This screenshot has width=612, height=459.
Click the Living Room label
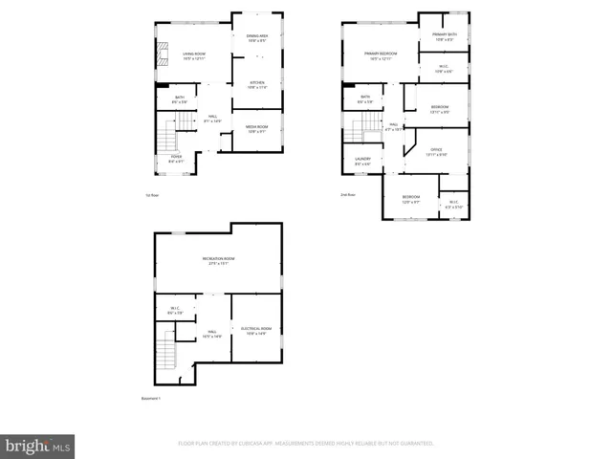194,55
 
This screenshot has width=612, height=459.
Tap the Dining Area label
257,39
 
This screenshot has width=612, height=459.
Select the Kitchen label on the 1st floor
257,84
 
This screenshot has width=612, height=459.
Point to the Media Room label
256,129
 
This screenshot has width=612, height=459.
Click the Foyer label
177,159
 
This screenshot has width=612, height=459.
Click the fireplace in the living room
162,54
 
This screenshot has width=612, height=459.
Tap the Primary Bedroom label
380,55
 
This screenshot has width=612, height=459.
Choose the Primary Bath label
446,37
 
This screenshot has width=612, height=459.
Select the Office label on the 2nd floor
436,150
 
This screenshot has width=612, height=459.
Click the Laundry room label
362,161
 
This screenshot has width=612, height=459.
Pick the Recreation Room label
218,261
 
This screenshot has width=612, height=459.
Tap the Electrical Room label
256,330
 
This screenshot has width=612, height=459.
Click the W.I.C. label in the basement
175,310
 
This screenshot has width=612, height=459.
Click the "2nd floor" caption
348,195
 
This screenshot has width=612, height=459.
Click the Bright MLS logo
37,446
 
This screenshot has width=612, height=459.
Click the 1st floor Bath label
180,98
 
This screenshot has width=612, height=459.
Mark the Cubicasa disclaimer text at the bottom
306,444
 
